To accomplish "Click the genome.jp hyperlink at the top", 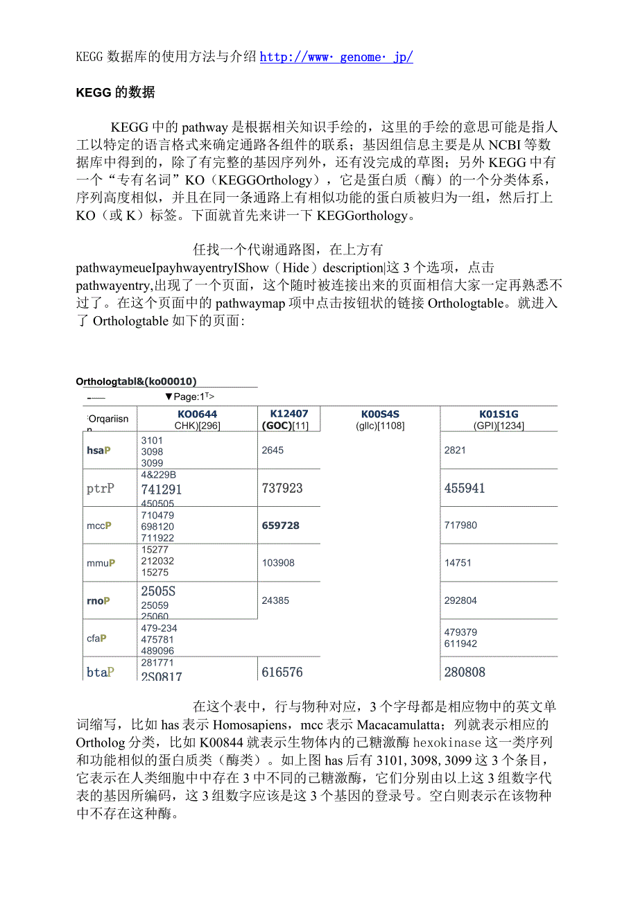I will pyautogui.click(x=336, y=57).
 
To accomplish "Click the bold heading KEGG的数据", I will pyautogui.click(x=115, y=92).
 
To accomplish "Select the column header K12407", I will pyautogui.click(x=289, y=415).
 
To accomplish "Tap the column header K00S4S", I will pyautogui.click(x=380, y=415).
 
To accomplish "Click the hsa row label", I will pyautogui.click(x=99, y=451).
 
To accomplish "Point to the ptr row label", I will pyautogui.click(x=101, y=488).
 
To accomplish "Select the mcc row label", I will pyautogui.click(x=99, y=526).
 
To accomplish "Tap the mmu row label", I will pyautogui.click(x=101, y=563).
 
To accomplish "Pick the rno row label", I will pyautogui.click(x=99, y=600).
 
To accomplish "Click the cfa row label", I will pyautogui.click(x=97, y=639).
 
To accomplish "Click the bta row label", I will pyautogui.click(x=101, y=672).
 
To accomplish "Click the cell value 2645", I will pyautogui.click(x=273, y=451).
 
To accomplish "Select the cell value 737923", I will pyautogui.click(x=282, y=488).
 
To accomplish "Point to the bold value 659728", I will pyautogui.click(x=281, y=526).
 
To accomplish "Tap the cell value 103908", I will pyautogui.click(x=278, y=563).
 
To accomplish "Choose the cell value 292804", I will pyautogui.click(x=460, y=600).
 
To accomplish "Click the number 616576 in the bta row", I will pyautogui.click(x=282, y=672).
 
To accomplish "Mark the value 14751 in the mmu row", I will pyautogui.click(x=458, y=563).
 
